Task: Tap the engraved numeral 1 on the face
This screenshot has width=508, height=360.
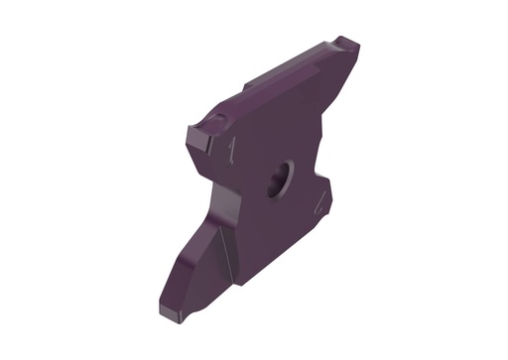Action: [x=231, y=149]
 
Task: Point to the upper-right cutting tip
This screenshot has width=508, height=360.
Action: [x=348, y=45]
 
